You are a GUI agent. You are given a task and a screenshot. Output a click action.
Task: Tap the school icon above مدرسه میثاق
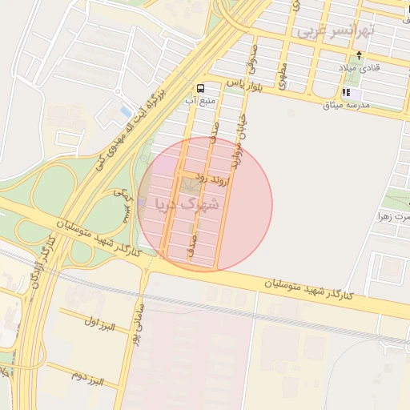(x=347, y=93)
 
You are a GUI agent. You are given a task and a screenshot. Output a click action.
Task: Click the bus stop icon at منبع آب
(x=199, y=88)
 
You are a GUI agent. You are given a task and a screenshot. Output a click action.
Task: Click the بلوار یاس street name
(x=245, y=82)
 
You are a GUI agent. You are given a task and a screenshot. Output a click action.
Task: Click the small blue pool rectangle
(x=124, y=110)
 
